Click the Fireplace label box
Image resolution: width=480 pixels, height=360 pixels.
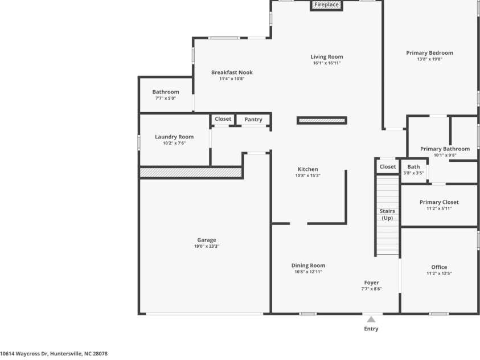pos(326,5)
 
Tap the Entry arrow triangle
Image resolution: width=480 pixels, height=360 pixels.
pos(371,320)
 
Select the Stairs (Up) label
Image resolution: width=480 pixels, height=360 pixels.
pos(387,215)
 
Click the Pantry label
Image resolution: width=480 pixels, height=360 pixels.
pos(253,120)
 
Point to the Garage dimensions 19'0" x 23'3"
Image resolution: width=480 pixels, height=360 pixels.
pos(207,246)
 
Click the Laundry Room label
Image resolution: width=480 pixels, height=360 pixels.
pos(174,137)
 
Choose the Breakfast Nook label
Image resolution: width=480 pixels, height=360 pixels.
pos(232,72)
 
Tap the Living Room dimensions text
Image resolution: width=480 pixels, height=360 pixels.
pos(327,63)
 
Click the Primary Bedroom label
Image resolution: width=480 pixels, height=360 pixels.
pos(429,52)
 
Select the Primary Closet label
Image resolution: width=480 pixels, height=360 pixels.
pos(439,202)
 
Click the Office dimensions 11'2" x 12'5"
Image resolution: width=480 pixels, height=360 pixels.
pos(439,273)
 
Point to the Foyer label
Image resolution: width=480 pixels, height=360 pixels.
pos(371,283)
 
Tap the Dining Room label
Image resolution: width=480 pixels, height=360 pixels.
pos(308,265)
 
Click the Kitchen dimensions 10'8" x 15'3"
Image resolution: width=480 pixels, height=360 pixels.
pos(307,175)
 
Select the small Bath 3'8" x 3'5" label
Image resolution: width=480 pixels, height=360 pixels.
pos(413,169)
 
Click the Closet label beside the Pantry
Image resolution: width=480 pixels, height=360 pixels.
pos(223,119)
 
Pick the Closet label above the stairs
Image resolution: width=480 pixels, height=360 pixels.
pos(388,166)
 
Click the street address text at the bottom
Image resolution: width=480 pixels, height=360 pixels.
pos(54,354)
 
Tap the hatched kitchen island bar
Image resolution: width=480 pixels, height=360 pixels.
pos(322,120)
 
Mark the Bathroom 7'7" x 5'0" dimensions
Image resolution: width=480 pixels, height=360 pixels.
pos(166,99)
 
